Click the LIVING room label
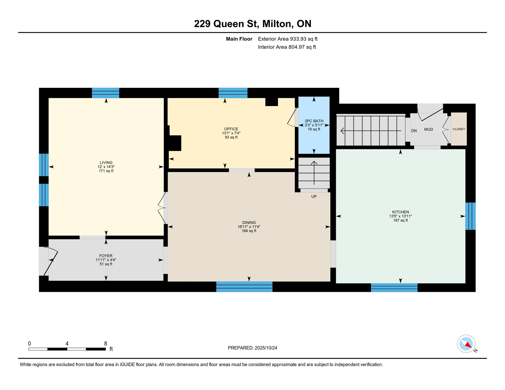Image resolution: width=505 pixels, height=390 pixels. point(106,162)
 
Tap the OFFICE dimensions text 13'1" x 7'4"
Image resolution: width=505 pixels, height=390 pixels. point(231,133)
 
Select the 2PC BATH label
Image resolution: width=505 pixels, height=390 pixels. point(314,121)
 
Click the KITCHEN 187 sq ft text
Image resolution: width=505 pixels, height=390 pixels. point(400,220)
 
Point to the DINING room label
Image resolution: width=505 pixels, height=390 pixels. point(249,222)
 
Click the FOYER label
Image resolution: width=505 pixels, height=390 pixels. point(106,256)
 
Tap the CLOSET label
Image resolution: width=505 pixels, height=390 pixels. point(459,129)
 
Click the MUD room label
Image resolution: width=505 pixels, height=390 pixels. point(428,129)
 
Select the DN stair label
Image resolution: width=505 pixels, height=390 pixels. point(414,131)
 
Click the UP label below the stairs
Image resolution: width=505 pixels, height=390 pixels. point(314,197)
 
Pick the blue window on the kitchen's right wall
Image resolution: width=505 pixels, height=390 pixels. point(470,216)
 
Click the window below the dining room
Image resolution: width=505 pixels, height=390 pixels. point(244,287)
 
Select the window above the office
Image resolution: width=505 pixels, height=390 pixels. point(233,93)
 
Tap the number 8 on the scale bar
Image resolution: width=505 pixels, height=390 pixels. point(105,344)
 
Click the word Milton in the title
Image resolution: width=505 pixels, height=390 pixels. point(276,24)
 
